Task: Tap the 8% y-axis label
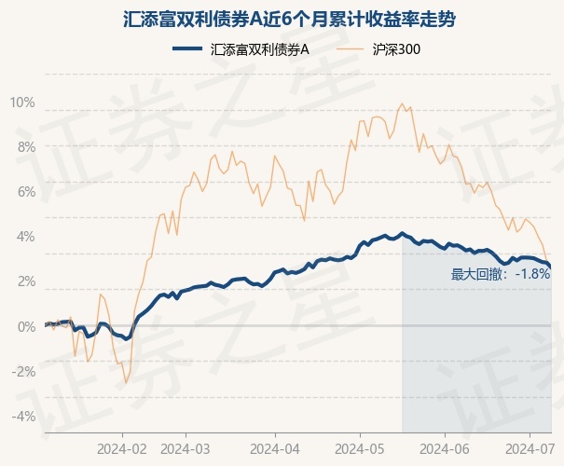25,146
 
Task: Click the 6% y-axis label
25,191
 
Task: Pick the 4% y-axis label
25,237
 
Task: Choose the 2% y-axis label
25,281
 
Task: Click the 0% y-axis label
25,326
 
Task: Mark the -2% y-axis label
23,371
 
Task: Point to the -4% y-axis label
23,416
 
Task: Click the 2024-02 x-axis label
121,448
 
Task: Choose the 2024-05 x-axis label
360,448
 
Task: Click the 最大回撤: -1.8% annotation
500,274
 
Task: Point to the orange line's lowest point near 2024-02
126,383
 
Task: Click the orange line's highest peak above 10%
401,103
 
